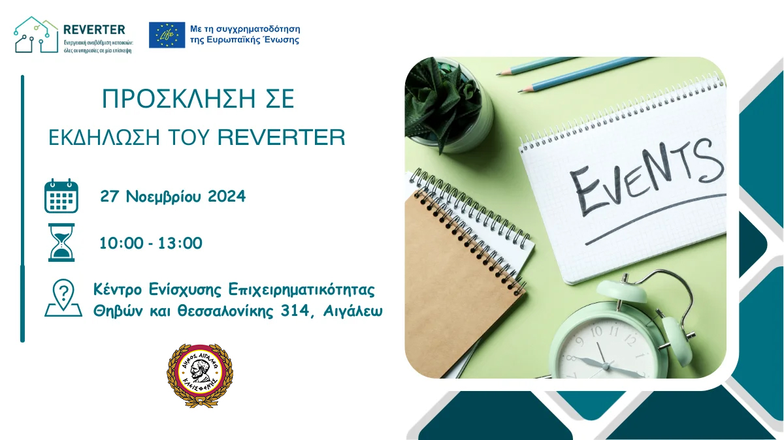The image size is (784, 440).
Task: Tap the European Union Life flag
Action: tap(167, 35)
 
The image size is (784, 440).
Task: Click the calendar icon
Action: tap(61, 196)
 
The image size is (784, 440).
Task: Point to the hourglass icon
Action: tap(61, 242)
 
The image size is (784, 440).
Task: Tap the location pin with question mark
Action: tap(62, 298)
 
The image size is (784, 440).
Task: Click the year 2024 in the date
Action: tap(227, 196)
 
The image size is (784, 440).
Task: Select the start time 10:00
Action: tap(120, 244)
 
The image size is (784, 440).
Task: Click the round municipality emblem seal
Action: tap(199, 375)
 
